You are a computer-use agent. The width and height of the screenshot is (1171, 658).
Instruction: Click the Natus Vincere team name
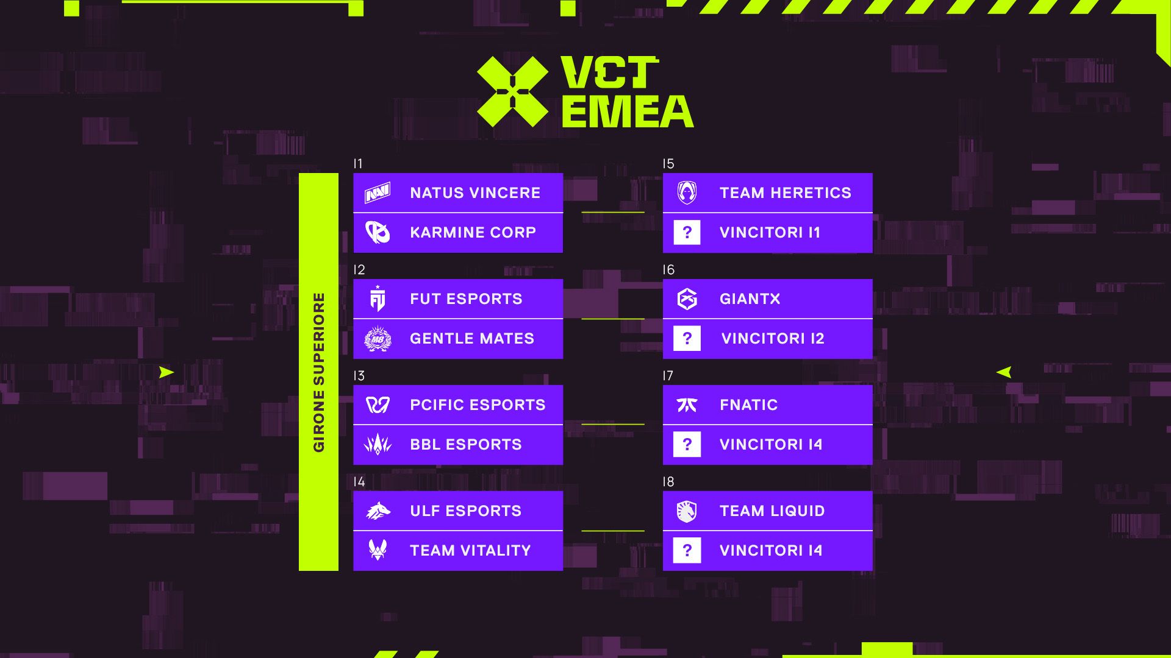point(475,193)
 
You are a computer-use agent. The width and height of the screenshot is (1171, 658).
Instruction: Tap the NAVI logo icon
point(378,193)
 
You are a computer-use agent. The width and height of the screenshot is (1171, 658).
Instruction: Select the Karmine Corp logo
point(378,233)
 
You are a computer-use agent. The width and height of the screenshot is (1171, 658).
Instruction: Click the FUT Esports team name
point(466,299)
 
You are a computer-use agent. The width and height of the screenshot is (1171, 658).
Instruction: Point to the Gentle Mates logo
point(378,339)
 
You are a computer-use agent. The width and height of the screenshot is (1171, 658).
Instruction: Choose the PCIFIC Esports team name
point(478,405)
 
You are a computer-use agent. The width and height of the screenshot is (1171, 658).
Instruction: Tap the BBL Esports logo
point(378,445)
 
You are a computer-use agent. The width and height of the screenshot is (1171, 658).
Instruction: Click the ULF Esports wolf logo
point(378,511)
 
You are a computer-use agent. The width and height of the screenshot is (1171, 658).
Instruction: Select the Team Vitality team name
point(470,551)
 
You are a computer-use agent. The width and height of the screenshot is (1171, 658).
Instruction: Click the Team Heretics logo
point(687,193)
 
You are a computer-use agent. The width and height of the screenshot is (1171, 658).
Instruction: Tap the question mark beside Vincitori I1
point(687,233)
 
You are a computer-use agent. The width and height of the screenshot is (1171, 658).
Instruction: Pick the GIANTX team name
point(750,299)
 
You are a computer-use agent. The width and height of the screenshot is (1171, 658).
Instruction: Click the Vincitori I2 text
point(773,339)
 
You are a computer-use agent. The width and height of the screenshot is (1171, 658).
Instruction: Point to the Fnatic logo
point(687,405)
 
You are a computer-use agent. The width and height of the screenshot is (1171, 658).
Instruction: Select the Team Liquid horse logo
point(687,511)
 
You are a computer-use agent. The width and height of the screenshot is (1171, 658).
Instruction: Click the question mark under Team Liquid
point(687,551)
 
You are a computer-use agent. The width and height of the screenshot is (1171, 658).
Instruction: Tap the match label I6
point(668,270)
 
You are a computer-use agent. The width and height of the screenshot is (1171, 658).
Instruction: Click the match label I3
point(359,376)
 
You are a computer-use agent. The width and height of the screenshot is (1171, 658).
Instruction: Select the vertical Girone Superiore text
point(318,372)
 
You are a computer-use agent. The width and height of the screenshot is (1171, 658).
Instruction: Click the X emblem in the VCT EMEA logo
point(512,92)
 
